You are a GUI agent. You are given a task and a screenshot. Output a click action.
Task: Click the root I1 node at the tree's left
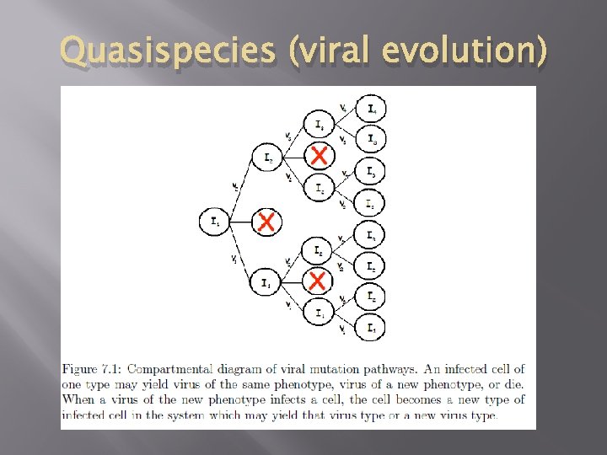pyautogui.click(x=213, y=222)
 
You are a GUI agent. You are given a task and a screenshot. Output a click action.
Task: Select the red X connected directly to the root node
pyautogui.click(x=266, y=222)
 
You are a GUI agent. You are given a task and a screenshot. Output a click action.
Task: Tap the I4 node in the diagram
pyautogui.click(x=371, y=110)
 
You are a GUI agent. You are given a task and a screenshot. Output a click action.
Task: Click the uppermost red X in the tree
pyautogui.click(x=318, y=155)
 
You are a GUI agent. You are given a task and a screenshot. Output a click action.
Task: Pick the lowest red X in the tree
pyautogui.click(x=318, y=279)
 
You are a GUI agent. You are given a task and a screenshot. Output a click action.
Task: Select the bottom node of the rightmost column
pyautogui.click(x=371, y=327)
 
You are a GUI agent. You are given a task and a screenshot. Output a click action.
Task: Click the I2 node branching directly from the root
pyautogui.click(x=266, y=158)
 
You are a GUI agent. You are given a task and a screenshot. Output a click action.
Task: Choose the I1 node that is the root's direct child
pyautogui.click(x=266, y=283)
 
